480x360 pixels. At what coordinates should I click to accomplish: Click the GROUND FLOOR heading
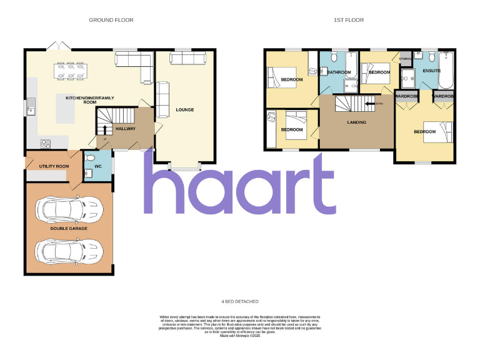(x=111, y=20)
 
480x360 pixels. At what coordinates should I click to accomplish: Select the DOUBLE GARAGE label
(x=69, y=229)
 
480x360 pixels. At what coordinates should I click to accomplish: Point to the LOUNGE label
(x=184, y=110)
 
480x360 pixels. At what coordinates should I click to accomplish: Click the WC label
(x=98, y=167)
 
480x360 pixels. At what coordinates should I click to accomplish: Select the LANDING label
(x=357, y=122)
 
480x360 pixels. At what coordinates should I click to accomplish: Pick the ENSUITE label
(x=432, y=71)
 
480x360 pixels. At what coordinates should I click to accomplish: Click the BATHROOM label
(x=339, y=72)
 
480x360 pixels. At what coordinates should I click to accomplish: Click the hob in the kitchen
(x=46, y=144)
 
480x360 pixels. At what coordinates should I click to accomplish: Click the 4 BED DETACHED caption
(x=240, y=301)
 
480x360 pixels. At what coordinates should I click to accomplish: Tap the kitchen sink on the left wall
(x=30, y=111)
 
